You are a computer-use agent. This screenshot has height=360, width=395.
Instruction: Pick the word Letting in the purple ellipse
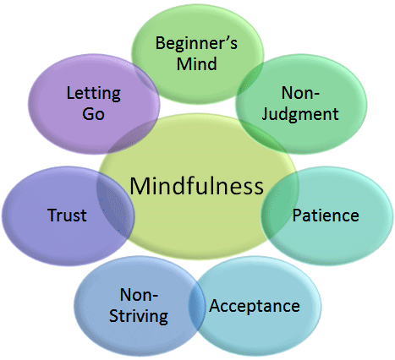click(x=93, y=92)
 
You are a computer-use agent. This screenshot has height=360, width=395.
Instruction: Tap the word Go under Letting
click(x=93, y=112)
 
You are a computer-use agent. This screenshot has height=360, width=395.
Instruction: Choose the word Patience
click(x=325, y=215)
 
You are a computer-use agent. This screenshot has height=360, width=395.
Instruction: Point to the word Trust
click(x=67, y=215)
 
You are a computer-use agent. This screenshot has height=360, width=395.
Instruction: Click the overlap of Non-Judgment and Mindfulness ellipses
click(x=269, y=141)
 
